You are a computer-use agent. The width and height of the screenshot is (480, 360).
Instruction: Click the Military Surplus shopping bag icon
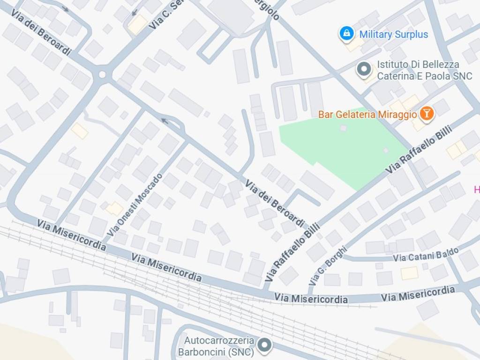(x=346, y=33)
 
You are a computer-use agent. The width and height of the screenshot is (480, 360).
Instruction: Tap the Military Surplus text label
(x=393, y=34)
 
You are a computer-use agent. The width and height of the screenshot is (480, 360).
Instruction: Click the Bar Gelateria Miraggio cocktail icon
(x=427, y=113)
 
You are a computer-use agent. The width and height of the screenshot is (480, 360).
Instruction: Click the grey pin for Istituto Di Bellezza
(x=364, y=69)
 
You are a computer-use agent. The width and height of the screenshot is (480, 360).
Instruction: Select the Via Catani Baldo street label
(x=426, y=256)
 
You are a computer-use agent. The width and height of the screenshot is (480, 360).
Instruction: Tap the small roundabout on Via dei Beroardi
(x=102, y=75)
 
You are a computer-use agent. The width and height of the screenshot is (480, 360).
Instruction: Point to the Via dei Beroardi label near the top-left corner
(x=41, y=35)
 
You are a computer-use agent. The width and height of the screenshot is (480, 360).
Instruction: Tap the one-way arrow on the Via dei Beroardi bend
(x=165, y=121)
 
